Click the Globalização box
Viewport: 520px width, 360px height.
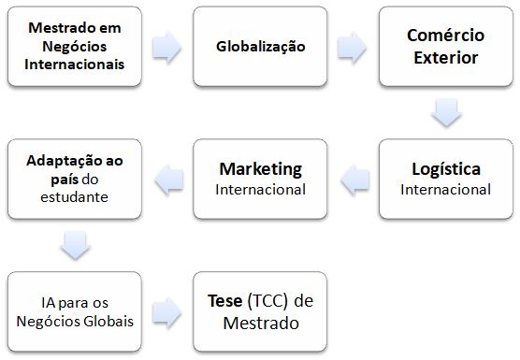coord(260,46)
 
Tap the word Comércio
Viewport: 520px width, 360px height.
coord(445,36)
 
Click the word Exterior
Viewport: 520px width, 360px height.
coord(445,57)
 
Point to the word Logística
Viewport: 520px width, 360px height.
coord(445,169)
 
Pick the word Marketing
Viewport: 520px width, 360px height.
coord(260,169)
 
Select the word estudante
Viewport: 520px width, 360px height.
coord(75,197)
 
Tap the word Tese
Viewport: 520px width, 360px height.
coord(227,301)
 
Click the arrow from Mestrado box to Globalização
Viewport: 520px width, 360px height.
coord(166,47)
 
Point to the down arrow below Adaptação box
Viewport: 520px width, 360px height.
coord(74,245)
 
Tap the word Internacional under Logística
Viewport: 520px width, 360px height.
coord(445,189)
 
